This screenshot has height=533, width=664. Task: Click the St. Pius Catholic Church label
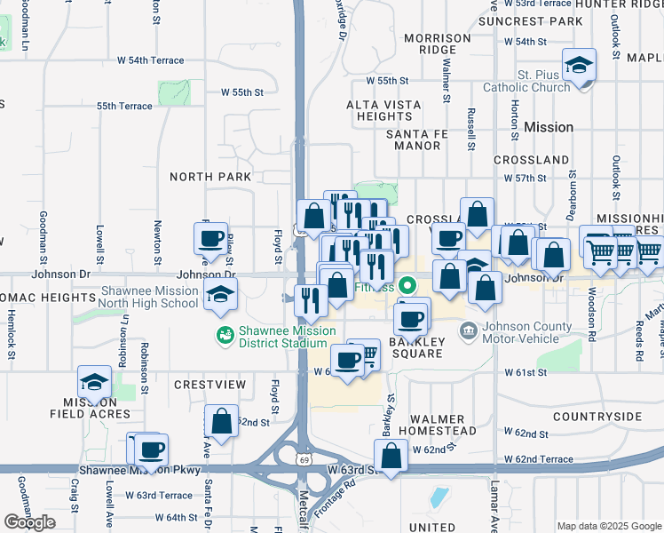(527, 81)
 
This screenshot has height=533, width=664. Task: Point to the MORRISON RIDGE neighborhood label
(437, 44)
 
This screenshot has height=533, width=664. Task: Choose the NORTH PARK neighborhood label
(211, 177)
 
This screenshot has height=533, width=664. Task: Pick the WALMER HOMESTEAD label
(442, 425)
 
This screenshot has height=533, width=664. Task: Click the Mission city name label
(549, 127)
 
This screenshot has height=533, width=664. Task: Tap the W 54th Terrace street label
(151, 60)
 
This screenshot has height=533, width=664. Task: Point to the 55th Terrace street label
(124, 106)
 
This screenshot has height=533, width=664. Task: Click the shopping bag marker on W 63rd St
(391, 457)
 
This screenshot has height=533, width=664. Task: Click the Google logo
(29, 522)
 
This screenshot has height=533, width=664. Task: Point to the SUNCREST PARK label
(537, 20)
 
